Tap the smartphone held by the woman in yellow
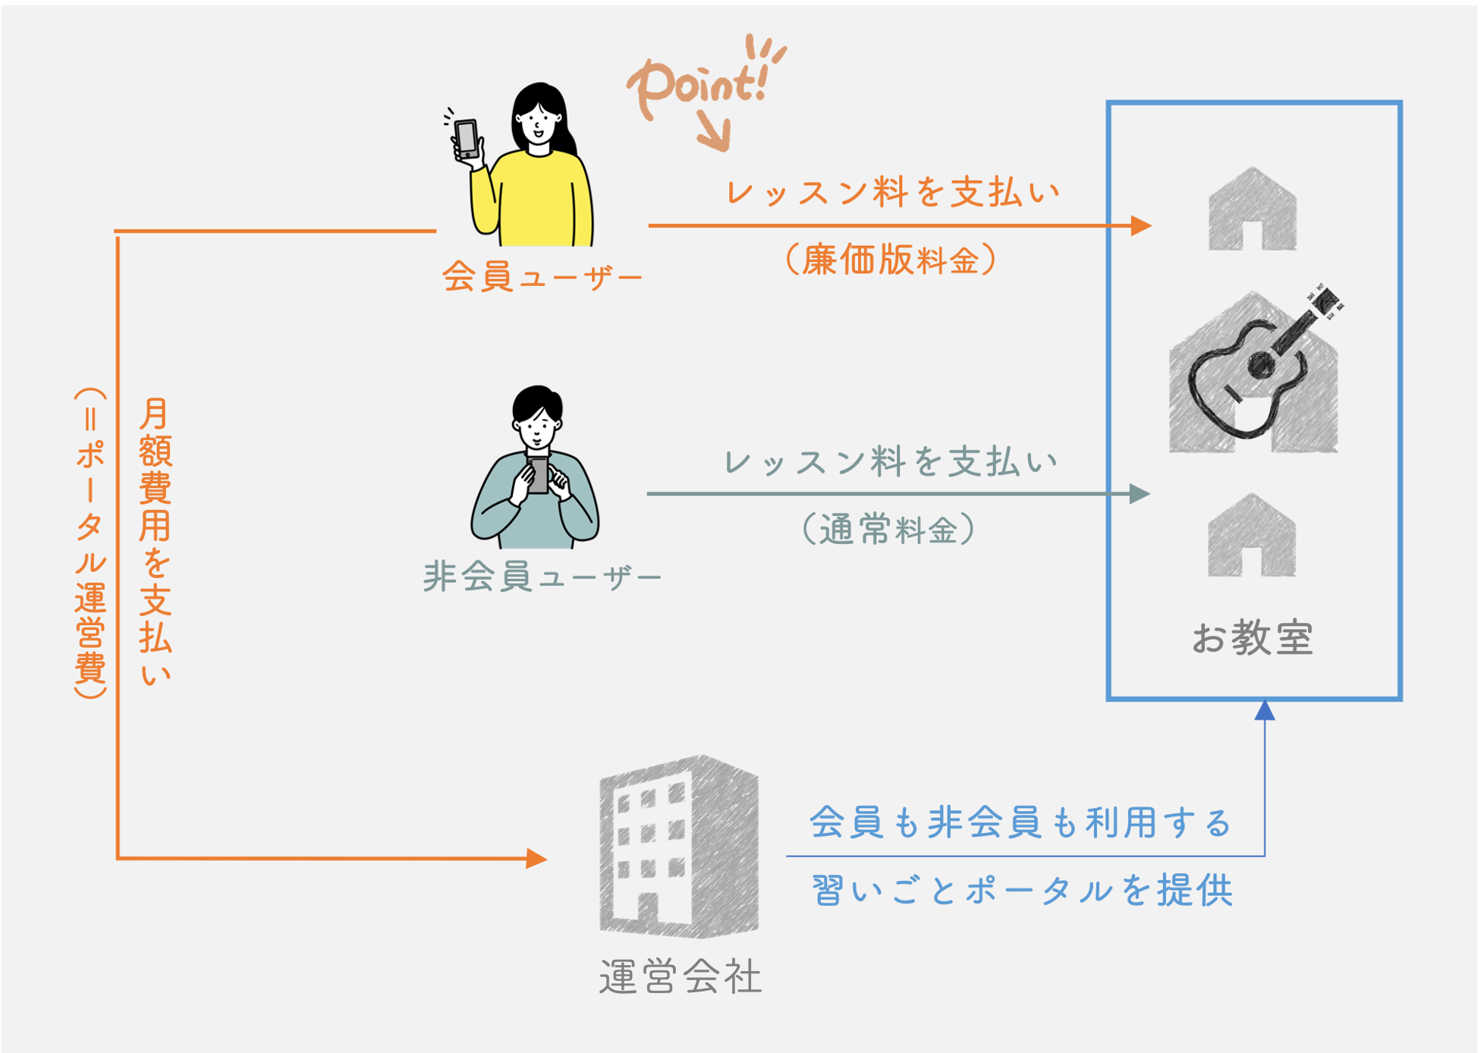(466, 139)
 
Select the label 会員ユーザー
(542, 277)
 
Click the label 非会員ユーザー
(542, 577)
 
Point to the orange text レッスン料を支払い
(892, 192)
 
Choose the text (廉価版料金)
(891, 260)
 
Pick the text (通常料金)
(888, 529)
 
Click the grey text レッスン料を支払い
(891, 461)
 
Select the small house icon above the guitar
(1253, 210)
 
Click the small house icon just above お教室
(1252, 536)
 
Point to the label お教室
(1253, 637)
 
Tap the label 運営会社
(680, 976)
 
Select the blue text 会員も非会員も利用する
(1020, 822)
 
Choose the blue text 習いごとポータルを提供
(1022, 890)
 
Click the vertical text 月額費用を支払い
(156, 542)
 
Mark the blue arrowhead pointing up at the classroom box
(1265, 710)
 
